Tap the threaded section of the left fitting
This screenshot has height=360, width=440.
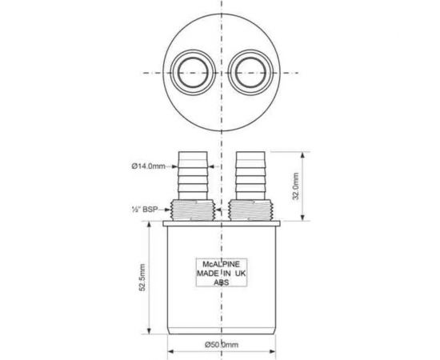pos(193,210)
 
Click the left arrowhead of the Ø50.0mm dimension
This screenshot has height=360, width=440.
pos(170,346)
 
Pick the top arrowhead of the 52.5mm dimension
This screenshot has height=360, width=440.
pos(149,226)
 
